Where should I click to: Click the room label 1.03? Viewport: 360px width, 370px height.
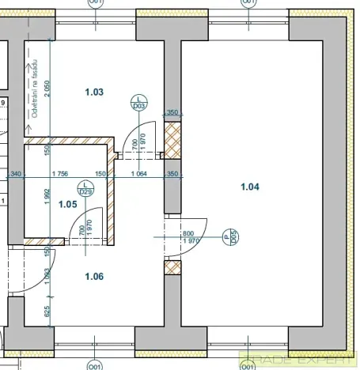[94, 92]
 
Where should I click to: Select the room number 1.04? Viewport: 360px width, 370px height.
[248, 187]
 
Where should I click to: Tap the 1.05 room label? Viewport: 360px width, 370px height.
[69, 204]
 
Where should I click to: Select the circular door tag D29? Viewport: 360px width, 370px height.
[86, 188]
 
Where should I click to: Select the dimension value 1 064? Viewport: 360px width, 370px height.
[139, 173]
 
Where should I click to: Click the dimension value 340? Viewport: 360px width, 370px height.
[16, 173]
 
